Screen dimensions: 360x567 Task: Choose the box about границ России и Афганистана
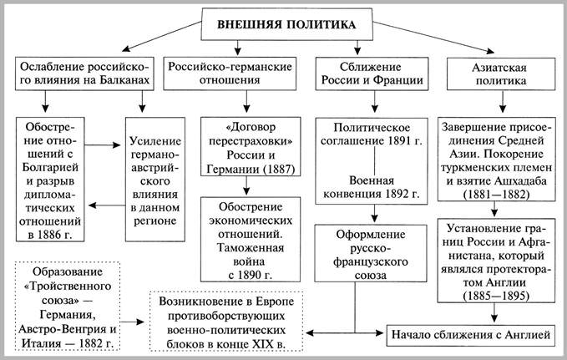[499, 254]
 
